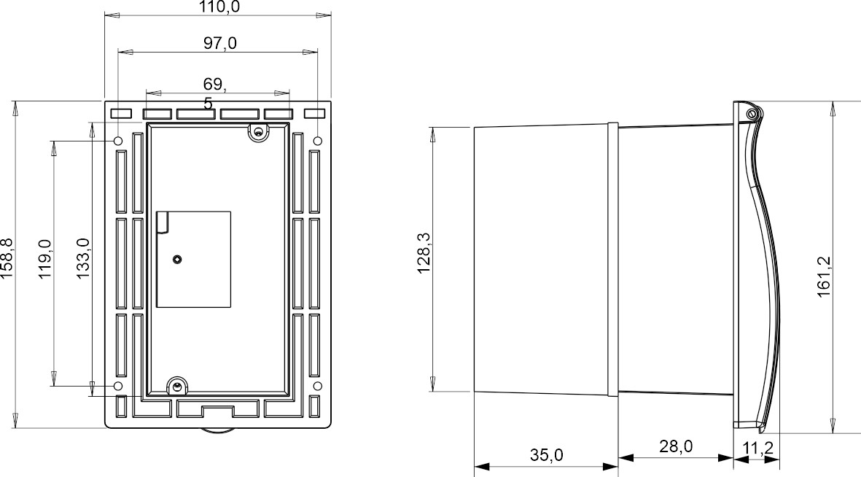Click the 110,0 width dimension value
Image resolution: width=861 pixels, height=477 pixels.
[x=219, y=7]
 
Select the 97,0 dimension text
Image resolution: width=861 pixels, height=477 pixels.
[x=219, y=44]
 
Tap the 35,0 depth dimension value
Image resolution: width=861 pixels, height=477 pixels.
[x=545, y=455]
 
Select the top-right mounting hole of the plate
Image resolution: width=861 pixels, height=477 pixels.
[x=317, y=140]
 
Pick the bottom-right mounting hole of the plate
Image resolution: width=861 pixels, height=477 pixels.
[x=317, y=385]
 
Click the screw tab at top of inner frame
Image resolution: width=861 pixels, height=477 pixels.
[x=257, y=132]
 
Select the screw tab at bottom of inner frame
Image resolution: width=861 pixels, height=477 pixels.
[x=176, y=386]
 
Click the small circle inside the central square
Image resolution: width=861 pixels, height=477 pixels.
[x=177, y=260]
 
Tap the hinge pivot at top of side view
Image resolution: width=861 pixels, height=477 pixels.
[x=752, y=113]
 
